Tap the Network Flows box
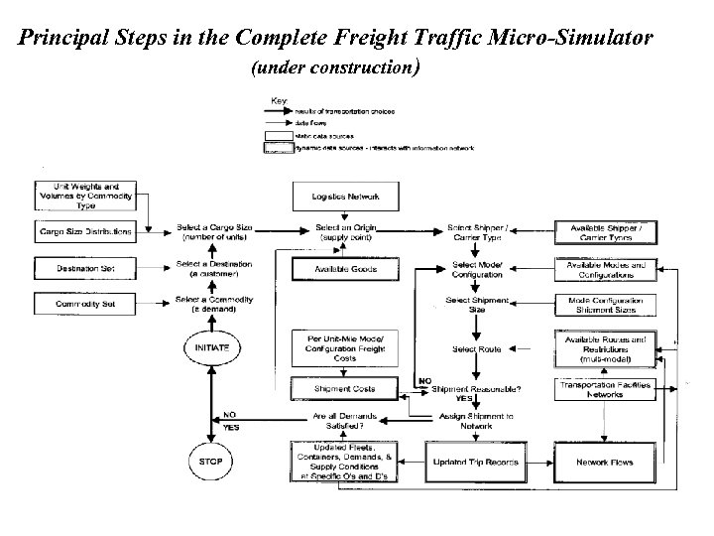pyautogui.click(x=605, y=462)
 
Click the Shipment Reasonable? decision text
pyautogui.click(x=479, y=388)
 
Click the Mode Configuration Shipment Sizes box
pyautogui.click(x=605, y=305)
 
